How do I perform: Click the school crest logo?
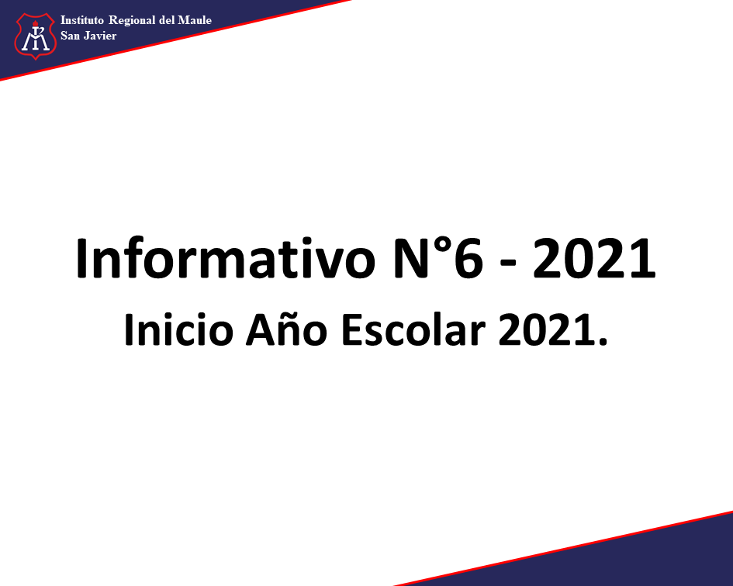click(36, 36)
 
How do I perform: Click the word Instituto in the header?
click(81, 20)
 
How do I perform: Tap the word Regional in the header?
click(132, 21)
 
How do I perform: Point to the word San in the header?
click(70, 36)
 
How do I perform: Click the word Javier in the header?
click(100, 36)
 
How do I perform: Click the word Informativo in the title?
click(225, 258)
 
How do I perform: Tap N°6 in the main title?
click(438, 258)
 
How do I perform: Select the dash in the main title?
click(508, 263)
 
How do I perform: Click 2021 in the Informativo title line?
click(595, 258)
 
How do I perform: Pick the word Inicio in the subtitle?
click(178, 330)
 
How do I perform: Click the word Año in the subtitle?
click(286, 329)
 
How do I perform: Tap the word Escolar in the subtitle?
click(413, 330)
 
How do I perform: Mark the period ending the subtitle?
click(603, 341)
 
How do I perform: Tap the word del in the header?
click(167, 20)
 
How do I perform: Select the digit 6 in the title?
click(468, 258)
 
